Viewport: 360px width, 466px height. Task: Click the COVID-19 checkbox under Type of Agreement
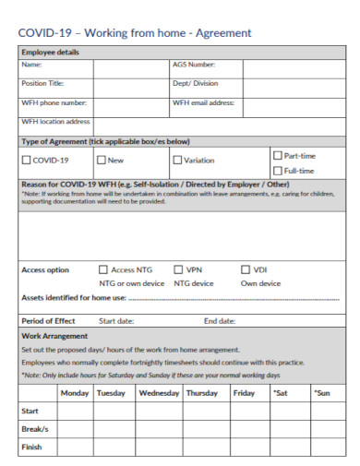(x=26, y=161)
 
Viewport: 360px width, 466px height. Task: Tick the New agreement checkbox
(x=102, y=161)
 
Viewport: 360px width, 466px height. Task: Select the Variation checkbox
(x=177, y=161)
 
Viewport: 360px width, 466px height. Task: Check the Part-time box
(x=277, y=154)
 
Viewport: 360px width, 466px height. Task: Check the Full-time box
(x=277, y=170)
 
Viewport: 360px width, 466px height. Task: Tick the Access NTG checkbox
(x=103, y=269)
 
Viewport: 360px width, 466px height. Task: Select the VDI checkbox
(x=246, y=269)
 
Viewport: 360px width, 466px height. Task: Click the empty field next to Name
(x=130, y=66)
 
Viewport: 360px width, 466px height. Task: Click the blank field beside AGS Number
(x=294, y=66)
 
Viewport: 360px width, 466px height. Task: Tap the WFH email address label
(x=203, y=102)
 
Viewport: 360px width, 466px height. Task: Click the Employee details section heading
(x=52, y=52)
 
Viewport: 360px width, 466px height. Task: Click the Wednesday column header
(x=159, y=393)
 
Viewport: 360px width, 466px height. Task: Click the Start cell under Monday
(x=75, y=412)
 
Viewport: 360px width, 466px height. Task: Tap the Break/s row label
(x=34, y=430)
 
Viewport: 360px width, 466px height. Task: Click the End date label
(x=219, y=321)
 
